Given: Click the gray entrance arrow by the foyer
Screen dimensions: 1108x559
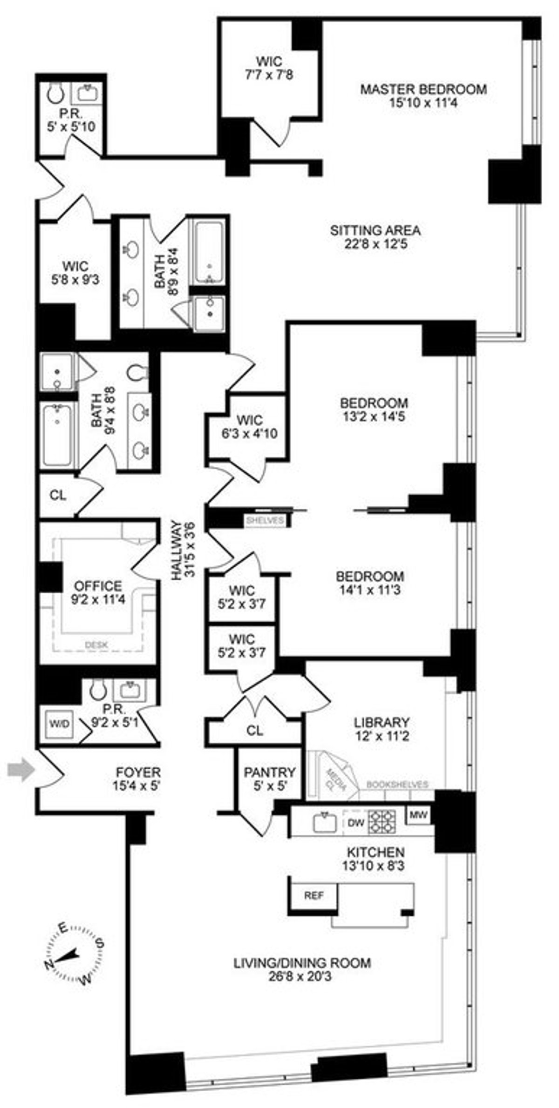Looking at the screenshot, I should pos(21,771).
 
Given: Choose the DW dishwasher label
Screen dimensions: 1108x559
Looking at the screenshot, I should pos(355,822).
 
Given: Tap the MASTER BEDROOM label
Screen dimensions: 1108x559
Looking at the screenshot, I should pos(423,89).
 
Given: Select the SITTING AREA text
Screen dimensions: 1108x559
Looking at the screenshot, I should pos(375,230).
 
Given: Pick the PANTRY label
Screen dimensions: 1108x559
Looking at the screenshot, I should pos(270,772).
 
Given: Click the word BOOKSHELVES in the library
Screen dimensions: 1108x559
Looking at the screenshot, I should pos(397,784).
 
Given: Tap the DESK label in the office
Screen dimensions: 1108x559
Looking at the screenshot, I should pos(97,645).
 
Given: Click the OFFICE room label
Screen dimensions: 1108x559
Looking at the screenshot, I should pos(98,585).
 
